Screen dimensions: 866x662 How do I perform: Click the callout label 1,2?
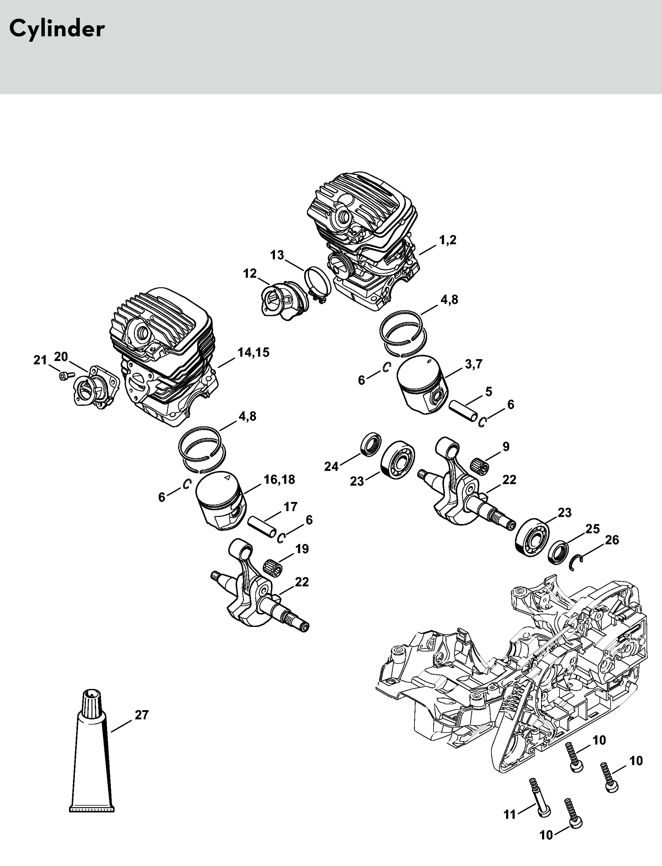(x=448, y=240)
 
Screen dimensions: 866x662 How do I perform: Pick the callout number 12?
(x=250, y=273)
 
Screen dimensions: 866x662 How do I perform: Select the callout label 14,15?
(x=253, y=352)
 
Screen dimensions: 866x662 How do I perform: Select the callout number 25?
(x=592, y=529)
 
